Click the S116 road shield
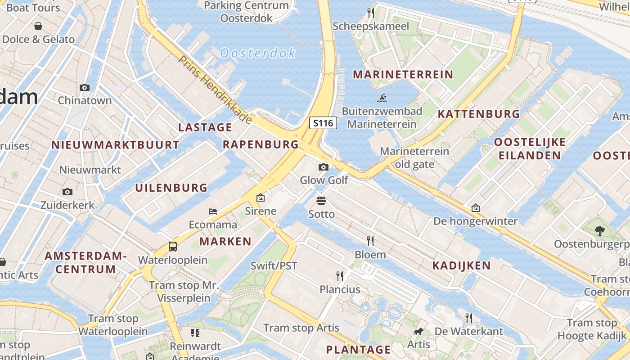[x=323, y=122]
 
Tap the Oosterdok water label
[x=258, y=53]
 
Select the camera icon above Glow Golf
[x=323, y=167]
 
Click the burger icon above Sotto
[x=321, y=200]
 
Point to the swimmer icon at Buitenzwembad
[x=382, y=98]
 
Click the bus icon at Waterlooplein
[x=173, y=246]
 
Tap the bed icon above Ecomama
[x=213, y=211]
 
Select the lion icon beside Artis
[x=418, y=332]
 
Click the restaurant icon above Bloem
[x=370, y=241]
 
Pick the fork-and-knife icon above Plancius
[x=340, y=275]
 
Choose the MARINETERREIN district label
[x=403, y=74]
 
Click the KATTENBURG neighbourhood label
[x=479, y=114]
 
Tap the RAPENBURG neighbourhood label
[x=261, y=144]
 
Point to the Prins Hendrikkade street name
[x=215, y=89]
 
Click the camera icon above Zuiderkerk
[x=67, y=192]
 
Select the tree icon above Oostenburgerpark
[x=599, y=231]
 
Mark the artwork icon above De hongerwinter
[x=476, y=208]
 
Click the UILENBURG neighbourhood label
[x=171, y=188]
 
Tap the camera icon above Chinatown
[x=84, y=87]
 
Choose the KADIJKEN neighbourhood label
[x=461, y=265]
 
